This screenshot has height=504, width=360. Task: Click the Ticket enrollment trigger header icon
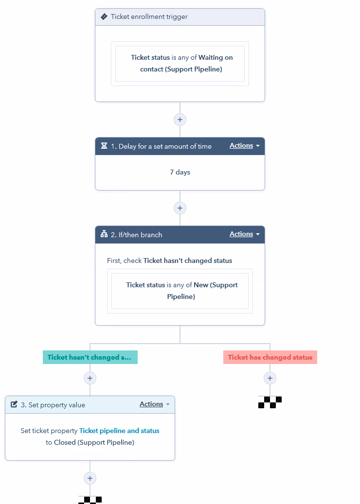pyautogui.click(x=104, y=17)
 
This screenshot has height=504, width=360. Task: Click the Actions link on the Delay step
pyautogui.click(x=241, y=146)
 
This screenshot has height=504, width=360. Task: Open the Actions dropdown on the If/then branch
pyautogui.click(x=244, y=234)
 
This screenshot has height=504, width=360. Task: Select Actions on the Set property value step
pyautogui.click(x=154, y=404)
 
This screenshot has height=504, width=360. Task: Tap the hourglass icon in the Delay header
pyautogui.click(x=104, y=146)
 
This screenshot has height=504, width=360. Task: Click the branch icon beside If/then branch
pyautogui.click(x=104, y=234)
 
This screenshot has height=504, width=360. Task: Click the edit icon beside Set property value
pyautogui.click(x=14, y=404)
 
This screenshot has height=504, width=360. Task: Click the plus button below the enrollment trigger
pyautogui.click(x=180, y=120)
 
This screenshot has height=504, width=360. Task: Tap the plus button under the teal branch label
pyautogui.click(x=90, y=378)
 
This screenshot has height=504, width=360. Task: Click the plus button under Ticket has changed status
pyautogui.click(x=270, y=378)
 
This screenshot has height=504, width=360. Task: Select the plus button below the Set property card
pyautogui.click(x=90, y=478)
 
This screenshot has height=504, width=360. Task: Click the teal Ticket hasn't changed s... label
pyautogui.click(x=90, y=357)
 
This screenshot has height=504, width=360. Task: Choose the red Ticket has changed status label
pyautogui.click(x=270, y=357)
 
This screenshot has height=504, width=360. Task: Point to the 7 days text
pyautogui.click(x=180, y=172)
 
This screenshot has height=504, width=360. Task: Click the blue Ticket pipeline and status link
pyautogui.click(x=119, y=431)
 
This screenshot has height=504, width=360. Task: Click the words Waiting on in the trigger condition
pyautogui.click(x=216, y=57)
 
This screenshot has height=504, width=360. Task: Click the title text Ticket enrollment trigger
pyautogui.click(x=149, y=17)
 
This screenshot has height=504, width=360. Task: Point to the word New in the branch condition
pyautogui.click(x=200, y=285)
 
